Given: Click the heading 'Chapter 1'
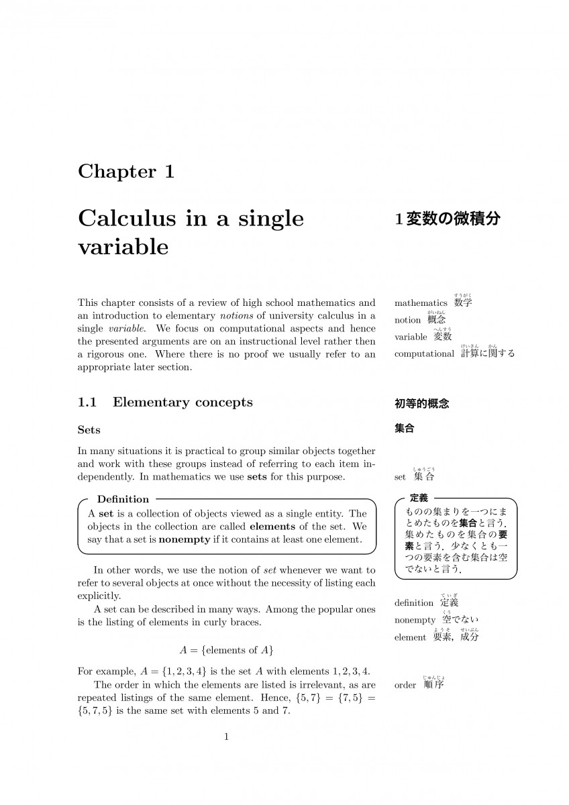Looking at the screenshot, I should pos(126,172).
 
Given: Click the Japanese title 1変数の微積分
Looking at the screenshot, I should pos(447,219).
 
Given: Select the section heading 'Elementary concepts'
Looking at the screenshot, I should pos(183,402).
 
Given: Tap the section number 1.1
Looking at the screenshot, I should pos(88,402).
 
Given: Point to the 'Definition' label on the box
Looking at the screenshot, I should pos(123,499).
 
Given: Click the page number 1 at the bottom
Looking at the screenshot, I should pos(226,737).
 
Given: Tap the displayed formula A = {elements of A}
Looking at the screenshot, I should pos(226,649).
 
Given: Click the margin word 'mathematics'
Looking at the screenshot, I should pos(421,303).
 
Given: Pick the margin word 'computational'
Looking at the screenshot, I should pos(424,354).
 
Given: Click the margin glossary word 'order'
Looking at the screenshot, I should pos(405,686).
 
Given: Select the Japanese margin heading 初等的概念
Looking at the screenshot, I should pos(421,404).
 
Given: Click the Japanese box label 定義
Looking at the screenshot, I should pos(419,498).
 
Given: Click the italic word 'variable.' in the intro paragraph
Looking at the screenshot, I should pos(123,329).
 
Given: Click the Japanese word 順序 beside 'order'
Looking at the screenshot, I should pos(434,685).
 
